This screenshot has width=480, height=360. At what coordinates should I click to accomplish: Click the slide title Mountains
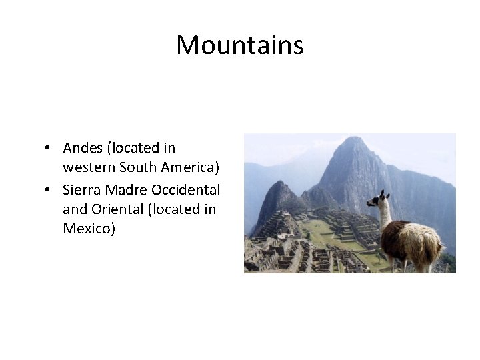point(239,45)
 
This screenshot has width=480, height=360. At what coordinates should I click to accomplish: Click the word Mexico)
point(89,229)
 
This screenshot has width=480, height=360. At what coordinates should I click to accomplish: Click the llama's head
point(379,199)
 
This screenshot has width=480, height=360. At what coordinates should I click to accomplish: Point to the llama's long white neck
point(385,217)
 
